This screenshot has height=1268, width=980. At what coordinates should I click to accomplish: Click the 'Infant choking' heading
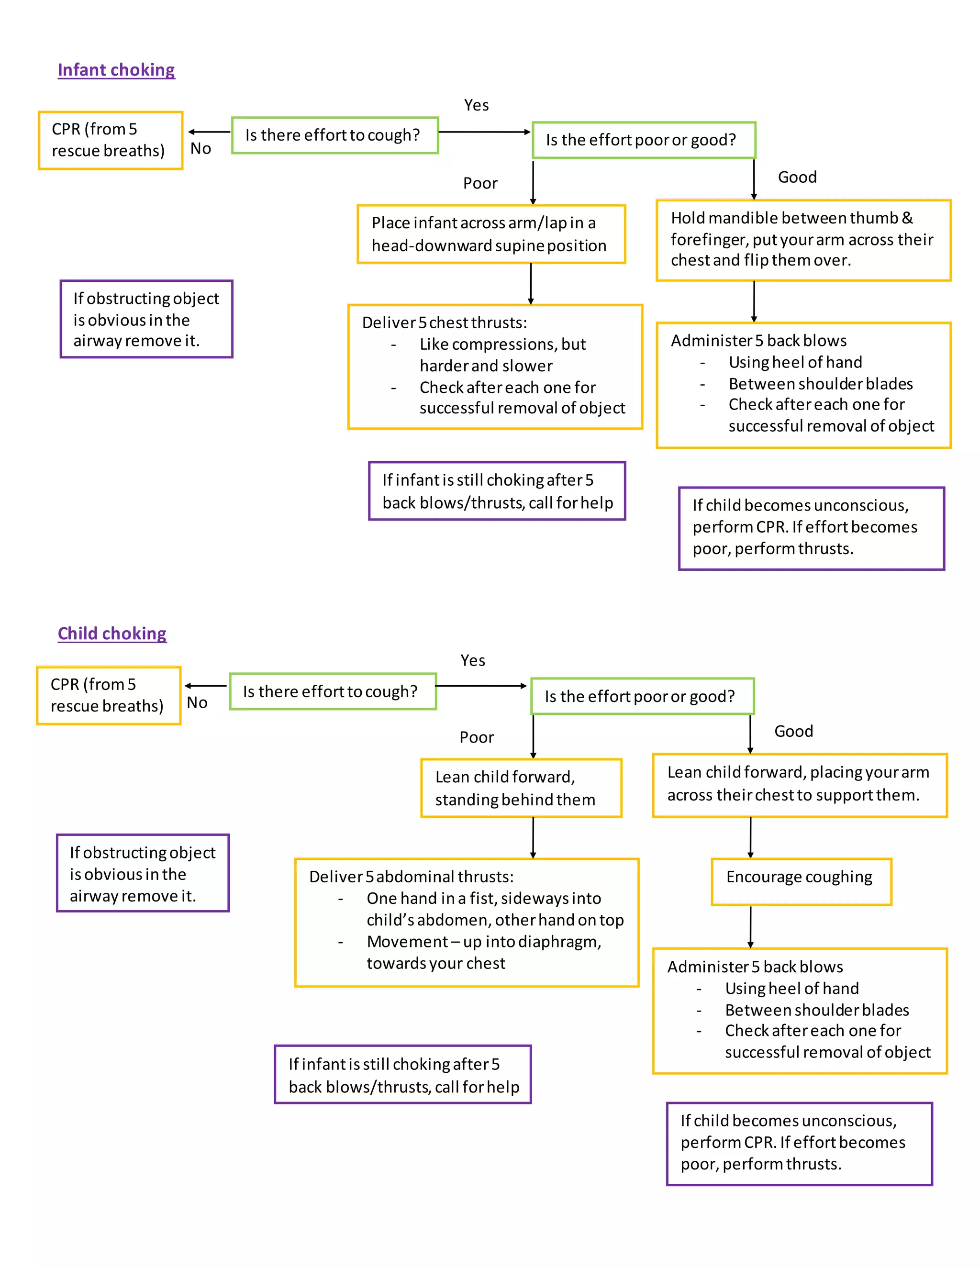pos(116,70)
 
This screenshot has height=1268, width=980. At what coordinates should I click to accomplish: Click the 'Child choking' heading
pos(112,634)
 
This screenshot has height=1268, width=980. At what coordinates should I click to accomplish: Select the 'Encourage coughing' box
pos(801,881)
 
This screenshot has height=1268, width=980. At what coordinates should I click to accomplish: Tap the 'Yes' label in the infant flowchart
pos(476,105)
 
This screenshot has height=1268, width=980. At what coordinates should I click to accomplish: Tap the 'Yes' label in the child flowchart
pos(473,660)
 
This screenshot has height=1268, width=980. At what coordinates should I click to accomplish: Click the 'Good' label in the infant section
pos(797,177)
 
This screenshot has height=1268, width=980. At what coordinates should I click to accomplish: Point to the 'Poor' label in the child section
pos(476,737)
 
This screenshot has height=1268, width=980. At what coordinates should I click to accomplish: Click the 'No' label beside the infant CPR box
pos(200,149)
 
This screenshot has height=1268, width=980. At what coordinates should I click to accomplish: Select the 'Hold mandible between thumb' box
pos(803,240)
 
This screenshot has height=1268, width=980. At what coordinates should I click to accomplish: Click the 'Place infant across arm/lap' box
pos(490,234)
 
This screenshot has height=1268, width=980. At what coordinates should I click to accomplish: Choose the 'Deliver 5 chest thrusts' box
pos(495,367)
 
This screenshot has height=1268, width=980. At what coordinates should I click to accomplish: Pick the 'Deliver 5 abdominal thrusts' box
pos(466,922)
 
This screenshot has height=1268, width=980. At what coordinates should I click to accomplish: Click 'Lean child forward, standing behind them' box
pos(521,788)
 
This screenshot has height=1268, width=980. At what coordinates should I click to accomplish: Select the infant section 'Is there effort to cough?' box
pos(334,135)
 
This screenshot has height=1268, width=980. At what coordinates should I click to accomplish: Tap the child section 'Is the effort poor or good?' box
pos(642,696)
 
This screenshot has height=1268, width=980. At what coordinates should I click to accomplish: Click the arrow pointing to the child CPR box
pos(205,686)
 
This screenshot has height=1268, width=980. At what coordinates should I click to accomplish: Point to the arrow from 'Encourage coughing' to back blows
pos(750,926)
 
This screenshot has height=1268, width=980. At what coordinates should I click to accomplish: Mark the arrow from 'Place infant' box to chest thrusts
pos(531,283)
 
